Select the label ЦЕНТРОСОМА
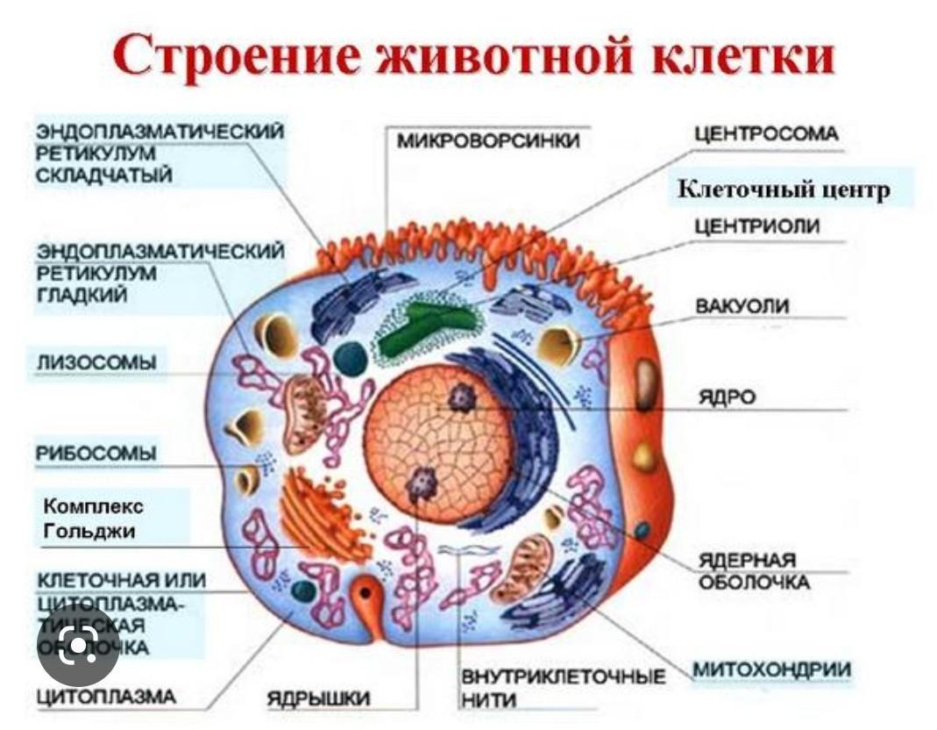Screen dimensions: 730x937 click(766, 134)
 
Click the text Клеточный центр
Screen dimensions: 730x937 click(784, 190)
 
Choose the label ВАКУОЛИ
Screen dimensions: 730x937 click(742, 306)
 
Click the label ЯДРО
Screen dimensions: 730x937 click(727, 397)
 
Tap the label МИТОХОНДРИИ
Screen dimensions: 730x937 click(772, 670)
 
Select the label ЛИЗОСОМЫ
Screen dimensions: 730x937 click(96, 362)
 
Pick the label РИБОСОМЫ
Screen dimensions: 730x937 click(96, 454)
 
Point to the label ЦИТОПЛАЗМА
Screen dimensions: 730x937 click(106, 698)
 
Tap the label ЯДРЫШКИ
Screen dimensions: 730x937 click(318, 698)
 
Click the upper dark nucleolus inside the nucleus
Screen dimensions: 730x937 click(461, 397)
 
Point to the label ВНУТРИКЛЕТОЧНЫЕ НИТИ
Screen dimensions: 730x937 click(562, 688)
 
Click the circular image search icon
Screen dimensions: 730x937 click(79, 648)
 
